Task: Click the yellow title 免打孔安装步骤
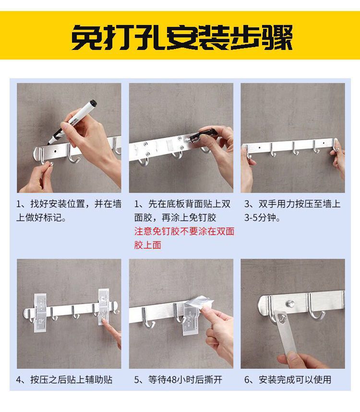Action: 182,37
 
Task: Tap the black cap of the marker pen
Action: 93,103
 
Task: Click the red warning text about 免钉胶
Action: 184,238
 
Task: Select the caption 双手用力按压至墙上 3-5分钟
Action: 292,211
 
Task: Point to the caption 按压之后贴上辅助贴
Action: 64,380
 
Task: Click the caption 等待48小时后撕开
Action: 178,380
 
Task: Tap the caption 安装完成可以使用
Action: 288,380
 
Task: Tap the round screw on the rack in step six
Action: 290,304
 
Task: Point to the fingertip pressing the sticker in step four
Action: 105,321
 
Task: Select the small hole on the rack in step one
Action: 55,151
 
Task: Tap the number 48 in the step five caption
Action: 172,380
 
